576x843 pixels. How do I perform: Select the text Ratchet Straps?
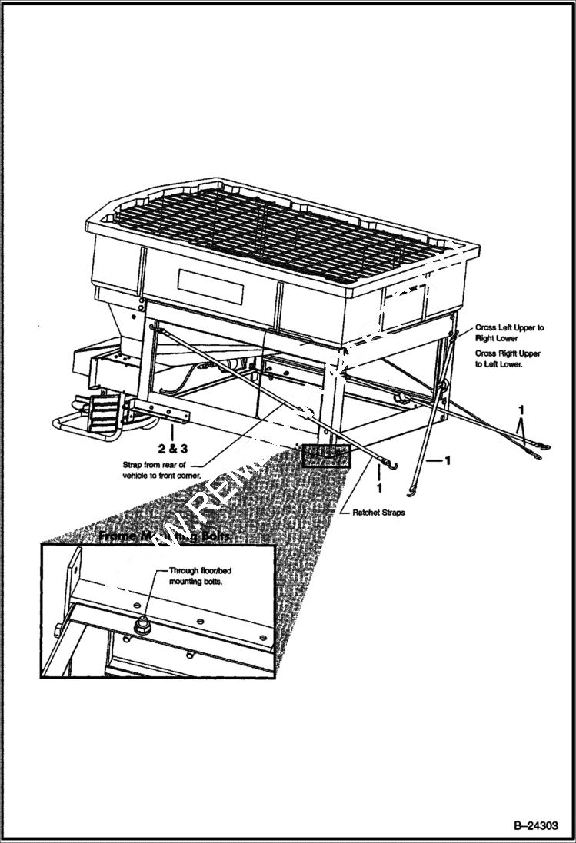point(378,513)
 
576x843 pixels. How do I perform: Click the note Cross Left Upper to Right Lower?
point(509,332)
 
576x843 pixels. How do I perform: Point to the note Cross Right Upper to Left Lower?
point(508,359)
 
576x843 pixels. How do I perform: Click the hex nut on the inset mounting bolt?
point(141,628)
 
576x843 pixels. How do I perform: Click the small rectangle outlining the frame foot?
point(326,456)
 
